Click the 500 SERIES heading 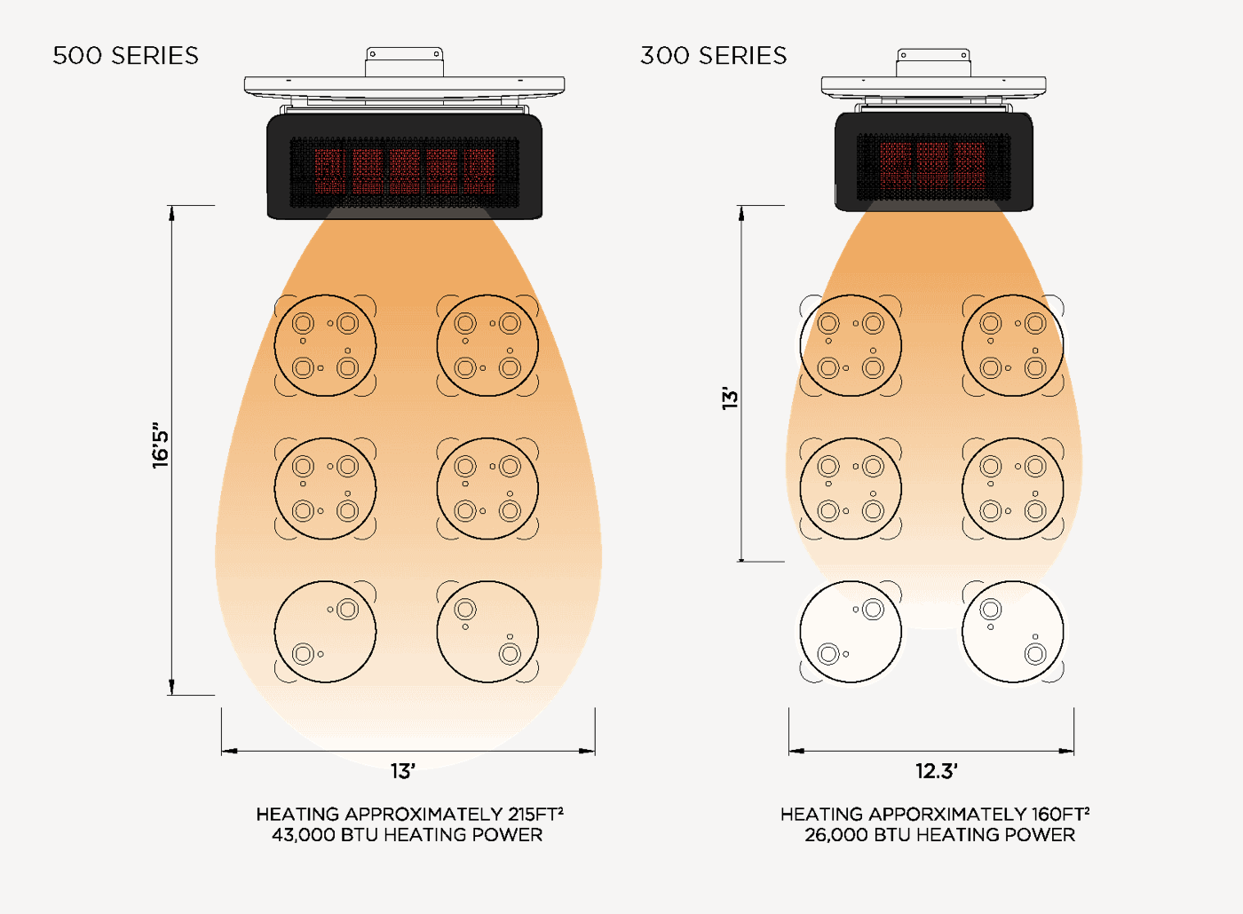[x=125, y=55]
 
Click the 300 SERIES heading [x=714, y=55]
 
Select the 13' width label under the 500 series [x=403, y=771]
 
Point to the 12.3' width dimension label [x=937, y=771]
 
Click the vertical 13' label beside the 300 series [x=730, y=398]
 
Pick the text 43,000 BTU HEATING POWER [x=407, y=835]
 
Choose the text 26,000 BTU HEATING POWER [x=940, y=835]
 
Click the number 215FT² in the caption [x=535, y=814]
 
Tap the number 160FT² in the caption [x=1060, y=814]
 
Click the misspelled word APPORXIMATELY [x=949, y=815]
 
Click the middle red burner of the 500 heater [x=405, y=170]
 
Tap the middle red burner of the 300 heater [x=933, y=165]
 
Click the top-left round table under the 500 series [x=325, y=345]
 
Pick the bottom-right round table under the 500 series [x=487, y=632]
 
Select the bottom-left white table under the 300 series [x=851, y=632]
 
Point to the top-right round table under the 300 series [x=1013, y=345]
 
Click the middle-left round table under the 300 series [x=851, y=489]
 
